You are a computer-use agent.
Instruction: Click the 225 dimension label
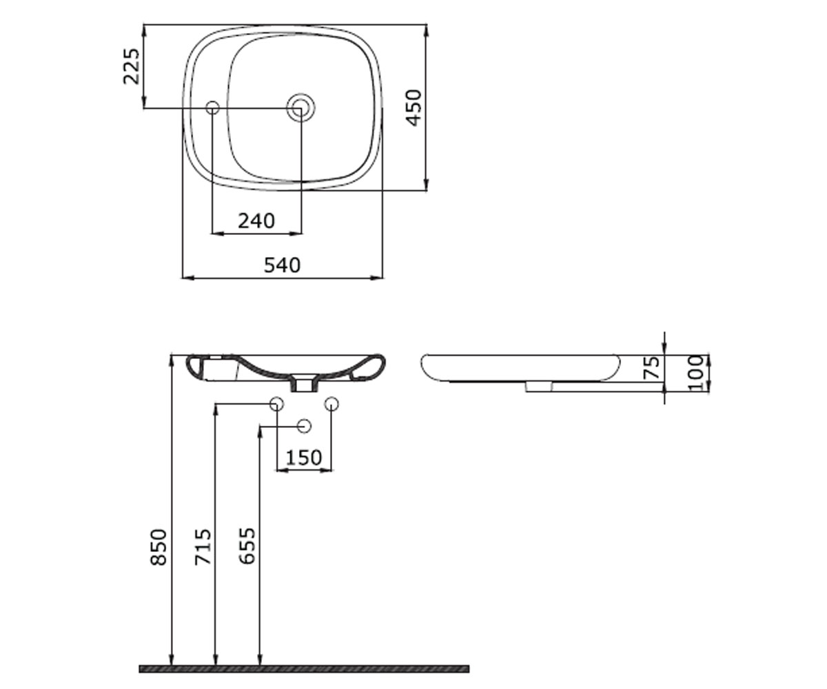click(x=132, y=67)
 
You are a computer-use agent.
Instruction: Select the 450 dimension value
click(x=414, y=108)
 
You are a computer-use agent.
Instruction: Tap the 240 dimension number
click(x=256, y=221)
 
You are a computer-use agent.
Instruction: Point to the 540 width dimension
click(x=283, y=265)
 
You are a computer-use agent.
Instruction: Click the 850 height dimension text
click(x=159, y=547)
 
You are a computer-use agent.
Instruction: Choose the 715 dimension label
click(x=203, y=547)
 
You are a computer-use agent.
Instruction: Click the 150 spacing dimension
click(x=304, y=458)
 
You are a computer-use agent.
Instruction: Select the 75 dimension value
click(x=651, y=368)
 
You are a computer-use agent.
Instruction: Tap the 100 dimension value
click(x=696, y=373)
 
